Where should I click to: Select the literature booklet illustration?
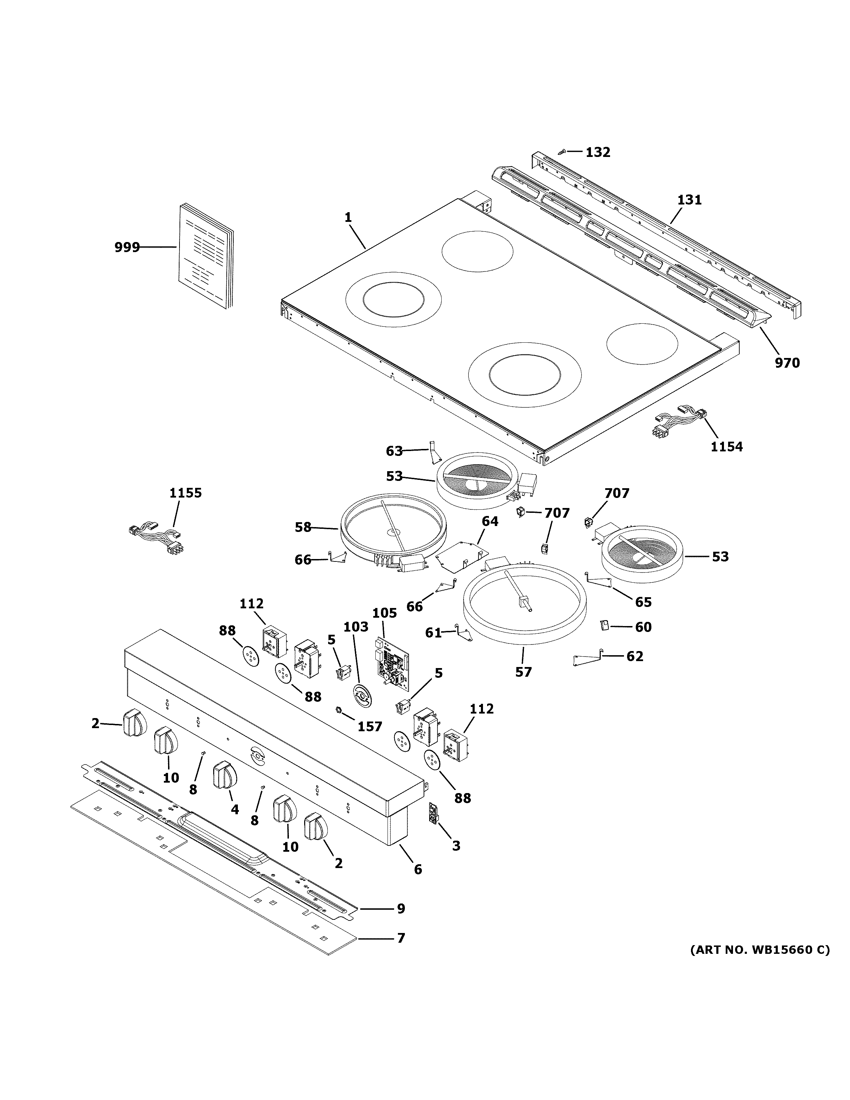[207, 257]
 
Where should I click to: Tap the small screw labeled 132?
[562, 152]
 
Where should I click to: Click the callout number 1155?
[185, 493]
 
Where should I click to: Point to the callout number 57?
[523, 672]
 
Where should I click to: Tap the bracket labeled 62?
[587, 659]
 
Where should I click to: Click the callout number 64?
[490, 521]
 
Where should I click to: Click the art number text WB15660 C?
[759, 950]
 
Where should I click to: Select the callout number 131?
[689, 200]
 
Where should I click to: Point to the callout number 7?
[401, 938]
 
